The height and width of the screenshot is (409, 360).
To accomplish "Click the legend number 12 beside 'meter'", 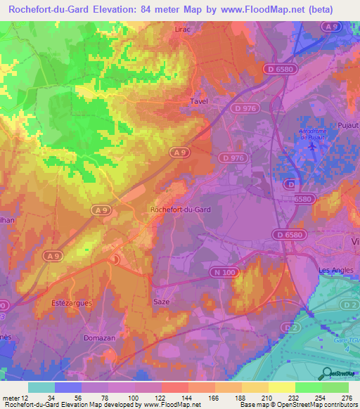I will click(27, 398).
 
